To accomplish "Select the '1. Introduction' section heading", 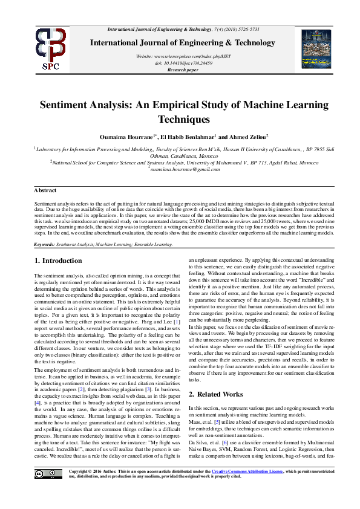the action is coord(57,261).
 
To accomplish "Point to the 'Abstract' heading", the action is coord(45,190).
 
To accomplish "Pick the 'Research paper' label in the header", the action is coord(183,70).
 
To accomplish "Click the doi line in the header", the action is coord(183,63).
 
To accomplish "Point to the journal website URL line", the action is coord(183,56).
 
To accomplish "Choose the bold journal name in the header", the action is coord(183,42).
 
